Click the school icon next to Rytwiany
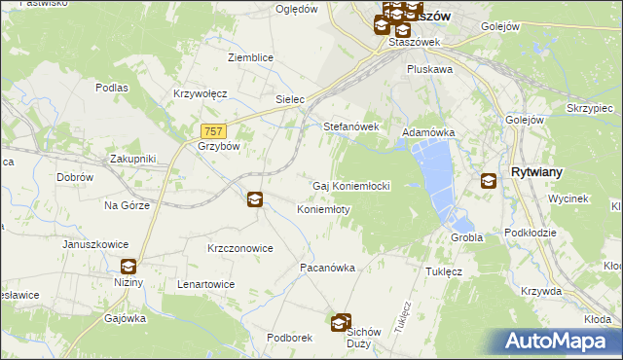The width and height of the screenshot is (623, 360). [x=489, y=180]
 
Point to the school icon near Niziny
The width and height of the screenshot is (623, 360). [x=128, y=267]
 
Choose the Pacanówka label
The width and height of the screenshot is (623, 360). [x=326, y=267]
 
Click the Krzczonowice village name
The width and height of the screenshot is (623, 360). [x=239, y=248]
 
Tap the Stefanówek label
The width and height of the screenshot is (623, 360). [x=350, y=126]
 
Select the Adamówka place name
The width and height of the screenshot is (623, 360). [x=428, y=131]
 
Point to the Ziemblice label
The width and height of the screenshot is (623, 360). [x=250, y=58]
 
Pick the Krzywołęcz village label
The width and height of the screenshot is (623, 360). [x=200, y=93]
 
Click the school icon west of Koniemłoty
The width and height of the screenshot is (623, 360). [x=254, y=199]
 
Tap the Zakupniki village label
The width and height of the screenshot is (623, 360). [x=132, y=158]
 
